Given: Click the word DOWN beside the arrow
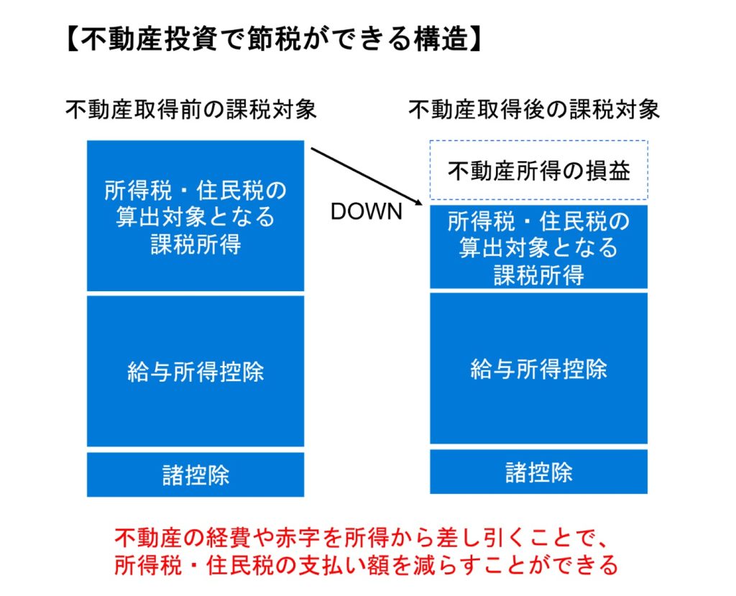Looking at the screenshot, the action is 367,211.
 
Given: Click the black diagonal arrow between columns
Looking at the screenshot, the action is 367,176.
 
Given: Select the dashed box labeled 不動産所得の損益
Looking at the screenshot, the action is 539,170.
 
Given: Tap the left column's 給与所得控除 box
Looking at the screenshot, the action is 195,371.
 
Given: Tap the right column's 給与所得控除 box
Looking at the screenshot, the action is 539,368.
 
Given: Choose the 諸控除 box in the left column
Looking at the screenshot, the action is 195,474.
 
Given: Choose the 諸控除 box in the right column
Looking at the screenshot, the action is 539,472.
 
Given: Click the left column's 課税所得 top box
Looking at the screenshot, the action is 195,216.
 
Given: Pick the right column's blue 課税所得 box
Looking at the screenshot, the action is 539,247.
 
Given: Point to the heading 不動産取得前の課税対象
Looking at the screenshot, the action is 191,110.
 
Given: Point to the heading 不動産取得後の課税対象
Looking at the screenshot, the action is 534,110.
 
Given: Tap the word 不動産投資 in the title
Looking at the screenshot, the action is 148,39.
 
